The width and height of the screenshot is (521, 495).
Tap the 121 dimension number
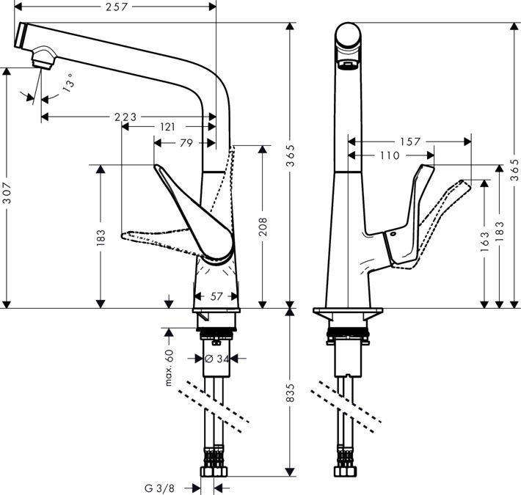(167, 127)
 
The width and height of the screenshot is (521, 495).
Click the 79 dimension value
(186, 143)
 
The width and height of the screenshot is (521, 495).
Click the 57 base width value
(216, 297)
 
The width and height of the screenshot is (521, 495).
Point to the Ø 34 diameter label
(217, 359)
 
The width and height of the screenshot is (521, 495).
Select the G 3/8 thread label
(159, 486)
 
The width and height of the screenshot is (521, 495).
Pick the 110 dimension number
(390, 155)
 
